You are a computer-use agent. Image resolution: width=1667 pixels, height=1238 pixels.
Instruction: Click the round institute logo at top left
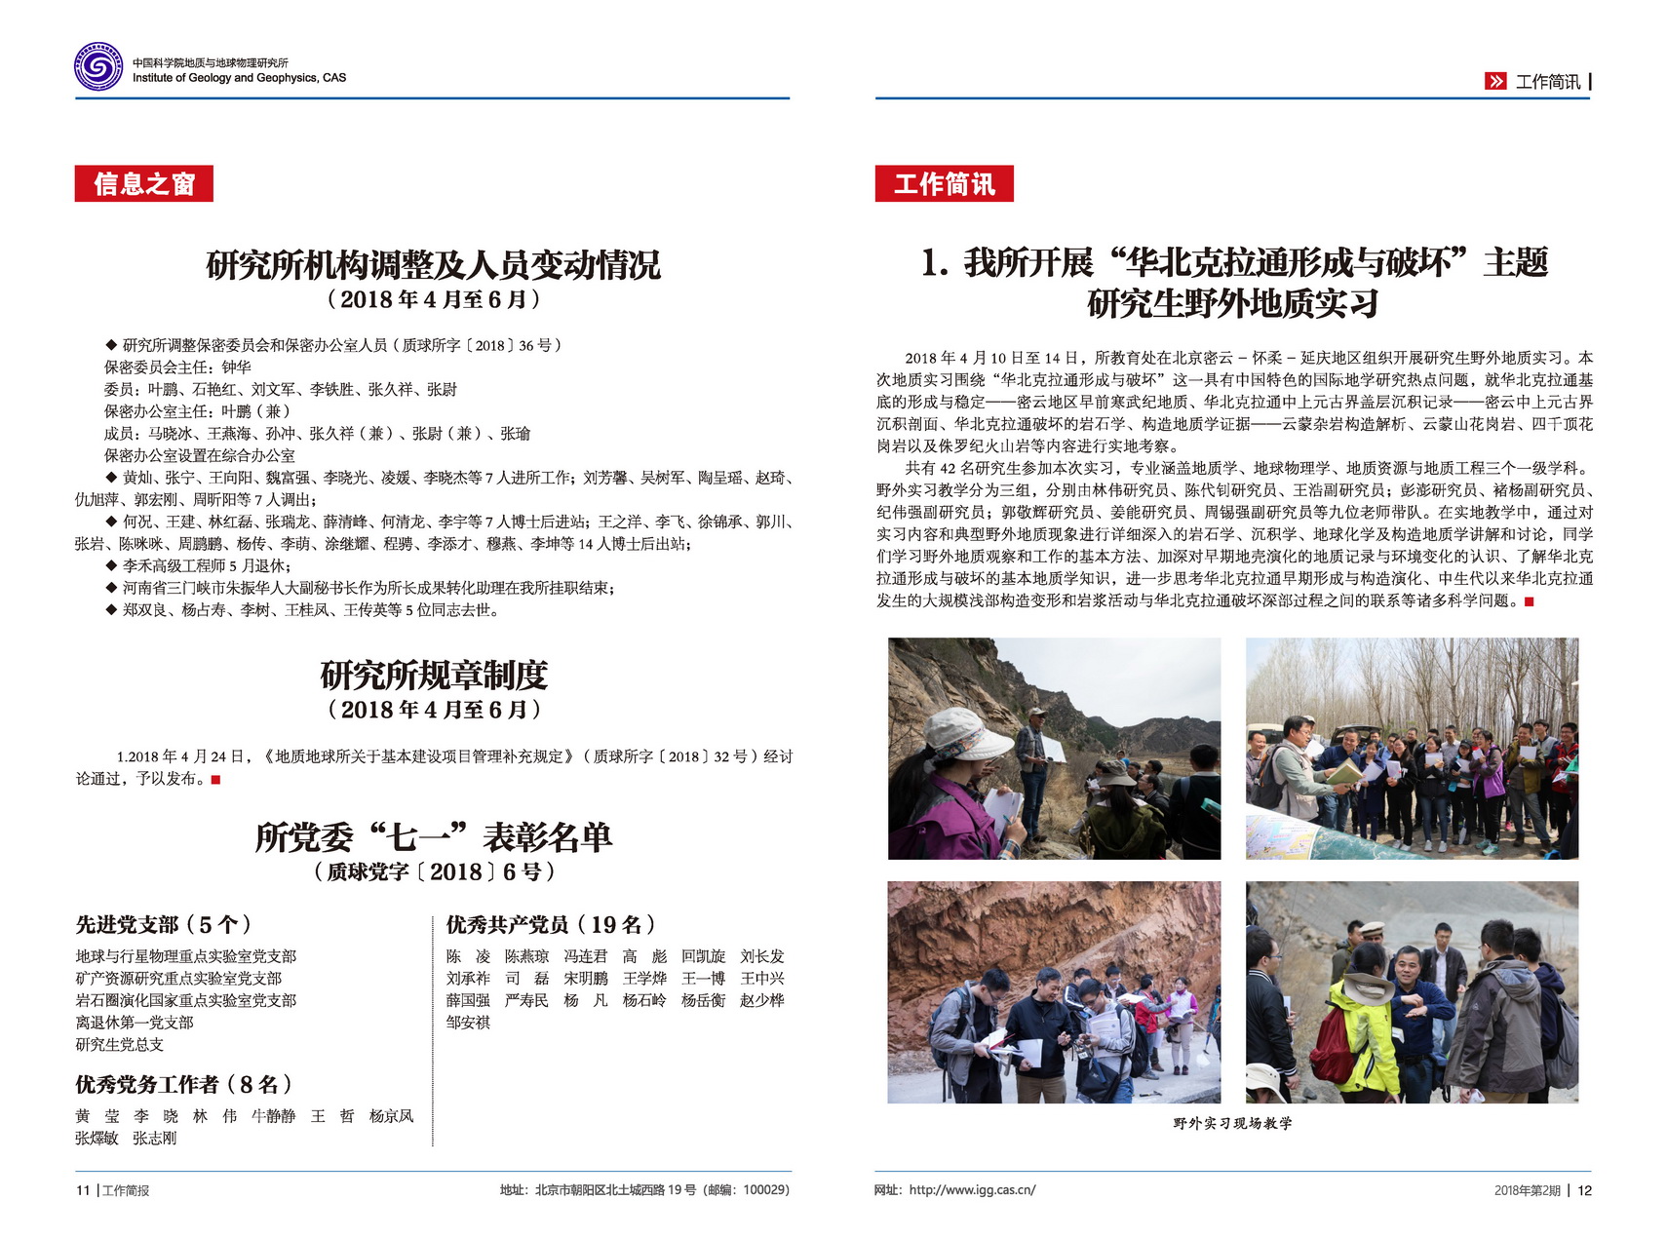(x=98, y=67)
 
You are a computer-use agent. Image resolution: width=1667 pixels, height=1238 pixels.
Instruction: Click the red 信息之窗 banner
(x=143, y=183)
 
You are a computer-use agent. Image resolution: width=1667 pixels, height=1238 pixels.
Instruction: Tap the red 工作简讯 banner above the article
(x=944, y=183)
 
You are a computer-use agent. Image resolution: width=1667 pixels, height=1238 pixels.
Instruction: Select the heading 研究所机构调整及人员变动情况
(x=433, y=264)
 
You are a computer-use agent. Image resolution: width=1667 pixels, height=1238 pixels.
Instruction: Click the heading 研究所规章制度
(x=434, y=675)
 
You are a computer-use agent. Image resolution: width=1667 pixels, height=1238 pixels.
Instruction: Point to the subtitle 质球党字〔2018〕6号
(x=434, y=871)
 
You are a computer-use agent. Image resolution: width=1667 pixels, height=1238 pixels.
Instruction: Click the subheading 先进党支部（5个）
(x=164, y=924)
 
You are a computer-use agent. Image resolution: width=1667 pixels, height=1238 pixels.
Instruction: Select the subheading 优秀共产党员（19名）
(x=551, y=924)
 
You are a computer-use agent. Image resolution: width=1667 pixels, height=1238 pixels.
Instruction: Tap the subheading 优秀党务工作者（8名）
(x=183, y=1084)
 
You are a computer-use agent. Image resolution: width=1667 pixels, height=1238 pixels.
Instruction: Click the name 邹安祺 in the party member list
(x=468, y=1023)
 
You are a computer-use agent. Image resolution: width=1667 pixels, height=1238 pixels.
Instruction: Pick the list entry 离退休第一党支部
(x=135, y=1023)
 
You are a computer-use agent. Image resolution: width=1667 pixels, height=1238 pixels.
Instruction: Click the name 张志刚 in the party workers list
(x=155, y=1138)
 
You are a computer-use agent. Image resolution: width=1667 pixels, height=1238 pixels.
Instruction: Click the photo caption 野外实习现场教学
(x=1232, y=1124)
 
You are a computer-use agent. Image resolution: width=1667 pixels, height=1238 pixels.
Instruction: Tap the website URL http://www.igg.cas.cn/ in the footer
(x=972, y=1190)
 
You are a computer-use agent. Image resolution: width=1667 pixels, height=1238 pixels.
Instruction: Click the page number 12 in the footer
(x=1584, y=1190)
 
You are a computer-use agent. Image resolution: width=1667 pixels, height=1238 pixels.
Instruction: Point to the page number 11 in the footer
(x=83, y=1190)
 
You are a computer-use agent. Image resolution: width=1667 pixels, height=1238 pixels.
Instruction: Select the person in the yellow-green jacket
(x=1360, y=1024)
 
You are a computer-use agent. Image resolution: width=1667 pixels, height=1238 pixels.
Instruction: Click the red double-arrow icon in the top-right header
(x=1495, y=82)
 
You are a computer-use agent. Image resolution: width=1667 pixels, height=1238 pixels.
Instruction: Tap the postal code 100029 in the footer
(x=763, y=1190)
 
